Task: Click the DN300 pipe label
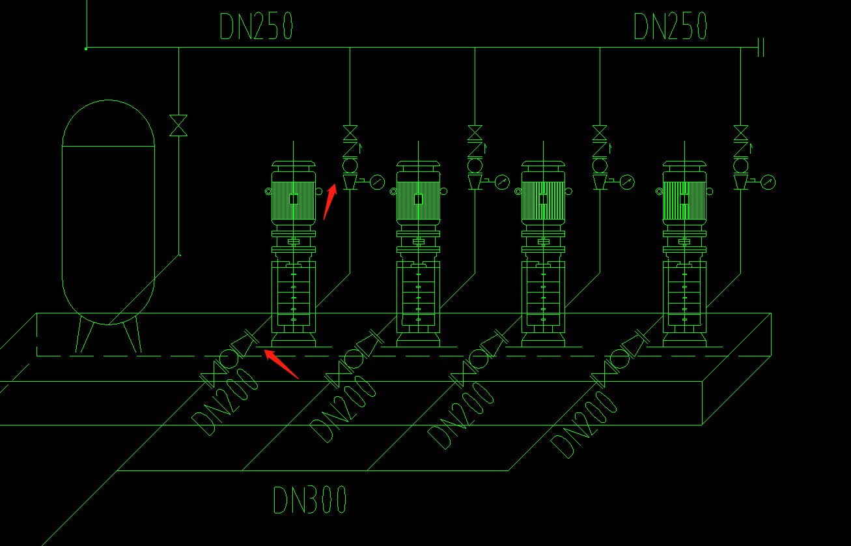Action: pos(310,500)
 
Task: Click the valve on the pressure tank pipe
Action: pos(178,125)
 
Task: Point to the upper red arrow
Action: pos(329,201)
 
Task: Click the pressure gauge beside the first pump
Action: pos(377,182)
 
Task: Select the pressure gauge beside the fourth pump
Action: pos(768,182)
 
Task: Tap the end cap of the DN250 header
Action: pos(760,48)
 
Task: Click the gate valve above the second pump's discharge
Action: pos(475,132)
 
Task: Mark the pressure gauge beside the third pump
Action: pos(627,182)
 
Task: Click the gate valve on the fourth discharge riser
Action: pos(740,132)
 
